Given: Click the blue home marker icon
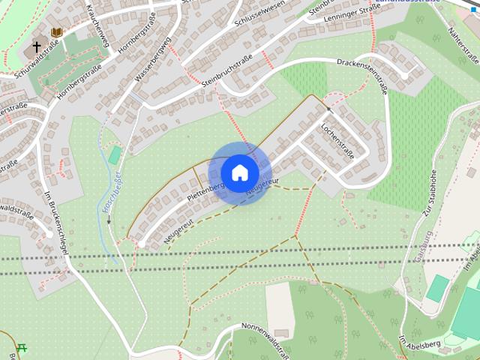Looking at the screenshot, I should point(239,172).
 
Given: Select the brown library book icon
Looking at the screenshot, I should point(56,32).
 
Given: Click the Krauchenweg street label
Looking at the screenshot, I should point(98,26).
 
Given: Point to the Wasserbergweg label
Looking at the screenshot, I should point(153,58).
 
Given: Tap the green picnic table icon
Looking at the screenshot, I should point(21,347).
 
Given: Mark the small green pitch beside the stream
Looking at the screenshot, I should point(114,155).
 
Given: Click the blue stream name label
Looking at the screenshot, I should point(112,196).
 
